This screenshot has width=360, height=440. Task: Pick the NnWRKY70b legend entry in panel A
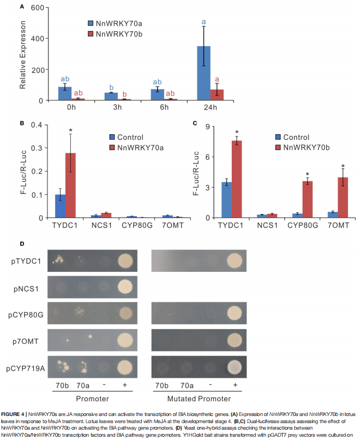click(x=118, y=34)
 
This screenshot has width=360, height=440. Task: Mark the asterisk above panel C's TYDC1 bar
click(x=237, y=132)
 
